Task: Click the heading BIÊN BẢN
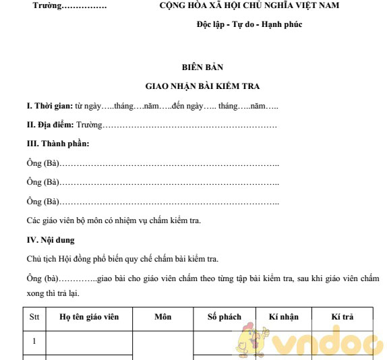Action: point(202,67)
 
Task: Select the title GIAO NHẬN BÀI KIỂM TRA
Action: point(202,86)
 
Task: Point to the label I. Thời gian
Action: point(49,107)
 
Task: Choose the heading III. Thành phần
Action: point(57,144)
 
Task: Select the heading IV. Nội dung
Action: point(51,239)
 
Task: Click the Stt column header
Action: point(34,316)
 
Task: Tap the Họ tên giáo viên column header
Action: point(89,316)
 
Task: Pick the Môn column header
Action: point(162,316)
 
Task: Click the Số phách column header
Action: point(225,316)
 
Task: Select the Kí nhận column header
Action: point(283,316)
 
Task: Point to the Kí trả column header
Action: point(343,316)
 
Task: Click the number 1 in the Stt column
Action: point(34,341)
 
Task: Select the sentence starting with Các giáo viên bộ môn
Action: point(114,220)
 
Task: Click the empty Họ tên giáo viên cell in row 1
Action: point(89,341)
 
